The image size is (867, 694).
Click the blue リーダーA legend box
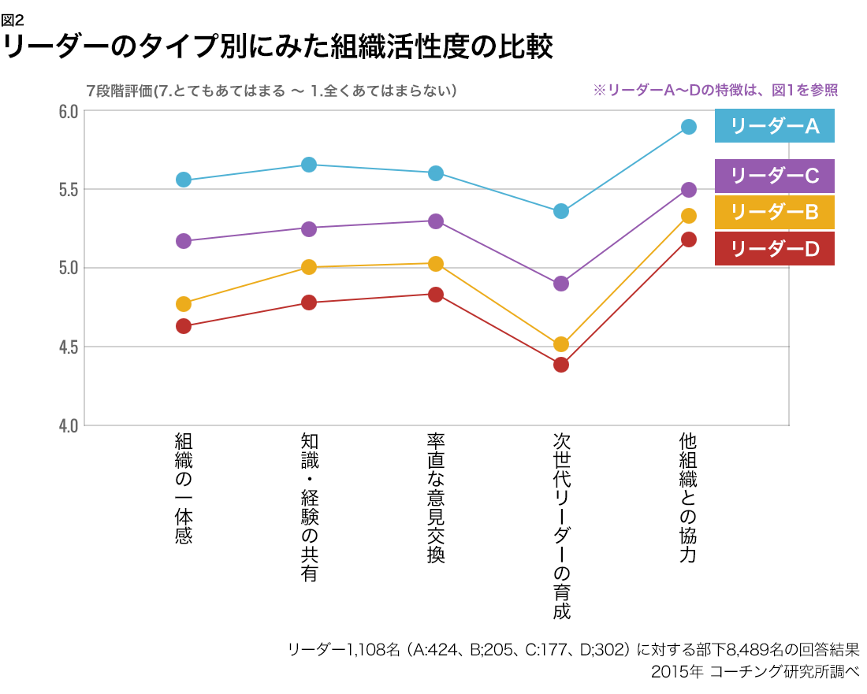tap(774, 127)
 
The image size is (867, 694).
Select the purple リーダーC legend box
tap(774, 176)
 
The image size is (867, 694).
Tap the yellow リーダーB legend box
tap(774, 212)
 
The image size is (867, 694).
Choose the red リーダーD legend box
tap(774, 249)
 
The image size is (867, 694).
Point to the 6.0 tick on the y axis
tap(68, 111)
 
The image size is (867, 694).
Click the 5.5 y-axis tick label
tap(68, 190)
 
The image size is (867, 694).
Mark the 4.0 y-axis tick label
tap(68, 425)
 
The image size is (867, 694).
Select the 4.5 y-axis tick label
tap(68, 347)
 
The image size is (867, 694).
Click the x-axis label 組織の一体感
tap(184, 488)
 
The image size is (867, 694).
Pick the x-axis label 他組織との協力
tap(687, 498)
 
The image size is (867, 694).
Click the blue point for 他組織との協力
tap(688, 127)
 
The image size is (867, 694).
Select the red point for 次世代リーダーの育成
tap(561, 365)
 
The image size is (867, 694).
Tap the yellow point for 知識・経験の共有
tap(309, 267)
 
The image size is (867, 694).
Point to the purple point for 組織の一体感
tap(184, 241)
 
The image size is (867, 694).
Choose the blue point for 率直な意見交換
tap(435, 173)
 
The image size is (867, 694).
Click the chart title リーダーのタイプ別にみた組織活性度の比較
tap(277, 46)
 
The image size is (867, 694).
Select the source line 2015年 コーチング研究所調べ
tap(755, 672)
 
